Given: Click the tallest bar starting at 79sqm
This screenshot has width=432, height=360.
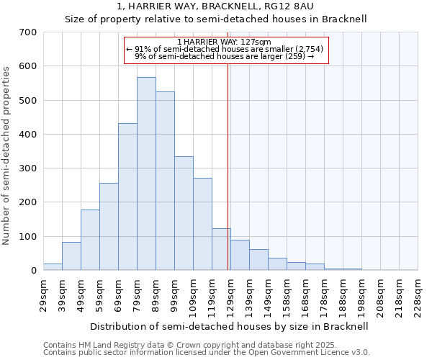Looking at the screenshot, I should tap(146, 174).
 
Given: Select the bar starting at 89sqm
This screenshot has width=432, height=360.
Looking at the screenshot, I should tap(165, 181).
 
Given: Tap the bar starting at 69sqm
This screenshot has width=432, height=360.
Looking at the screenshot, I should tap(127, 197).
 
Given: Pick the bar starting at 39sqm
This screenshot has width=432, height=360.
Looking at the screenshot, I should tap(71, 256).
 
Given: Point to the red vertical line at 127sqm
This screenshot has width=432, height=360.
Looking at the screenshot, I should tap(228, 166).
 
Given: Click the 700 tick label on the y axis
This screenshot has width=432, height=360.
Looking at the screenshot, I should tap(28, 32).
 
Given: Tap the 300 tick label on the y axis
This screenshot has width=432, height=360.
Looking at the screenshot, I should tap(28, 168).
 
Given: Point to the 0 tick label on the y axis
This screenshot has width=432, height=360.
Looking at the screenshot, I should tap(34, 271).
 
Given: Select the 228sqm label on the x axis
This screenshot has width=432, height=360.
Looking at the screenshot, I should tap(418, 295).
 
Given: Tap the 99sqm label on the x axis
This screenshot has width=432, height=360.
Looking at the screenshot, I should tap(174, 295).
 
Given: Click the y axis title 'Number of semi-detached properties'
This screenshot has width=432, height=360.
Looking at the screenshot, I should tap(6, 155).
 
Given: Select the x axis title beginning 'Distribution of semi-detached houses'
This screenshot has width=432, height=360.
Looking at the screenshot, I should tap(230, 326).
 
